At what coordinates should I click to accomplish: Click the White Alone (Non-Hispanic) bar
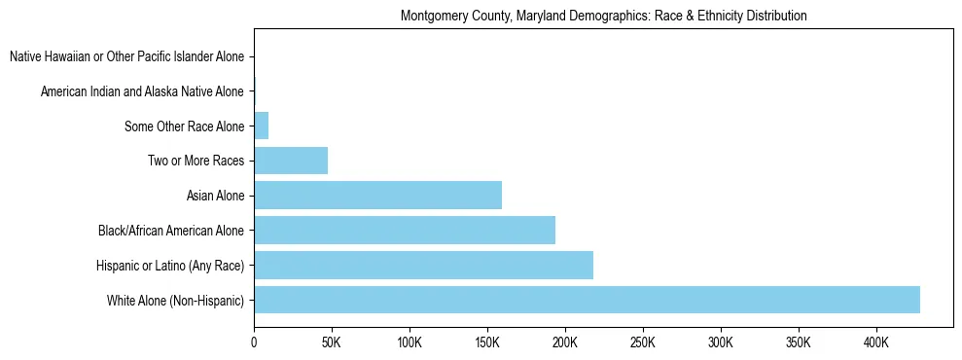587,300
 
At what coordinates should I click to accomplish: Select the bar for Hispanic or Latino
423,265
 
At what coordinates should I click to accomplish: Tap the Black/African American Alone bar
405,231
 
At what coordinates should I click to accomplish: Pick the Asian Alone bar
377,196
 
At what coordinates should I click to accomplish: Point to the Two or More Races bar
291,161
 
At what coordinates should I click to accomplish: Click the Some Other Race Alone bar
261,126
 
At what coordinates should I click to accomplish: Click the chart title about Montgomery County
603,17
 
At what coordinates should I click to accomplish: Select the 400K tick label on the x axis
876,342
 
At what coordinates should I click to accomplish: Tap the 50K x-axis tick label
332,342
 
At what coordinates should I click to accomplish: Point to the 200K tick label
565,342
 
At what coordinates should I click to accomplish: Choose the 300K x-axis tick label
721,342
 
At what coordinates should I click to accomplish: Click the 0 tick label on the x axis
254,342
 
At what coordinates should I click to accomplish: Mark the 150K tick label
487,342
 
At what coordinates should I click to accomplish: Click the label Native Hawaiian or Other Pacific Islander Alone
126,57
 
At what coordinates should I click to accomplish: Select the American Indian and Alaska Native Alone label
142,91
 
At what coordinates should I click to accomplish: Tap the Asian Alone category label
215,196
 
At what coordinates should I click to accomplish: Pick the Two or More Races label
196,161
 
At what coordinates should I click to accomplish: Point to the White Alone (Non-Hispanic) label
176,300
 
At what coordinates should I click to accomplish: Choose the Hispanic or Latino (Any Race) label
170,265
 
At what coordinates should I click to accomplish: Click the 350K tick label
799,342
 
